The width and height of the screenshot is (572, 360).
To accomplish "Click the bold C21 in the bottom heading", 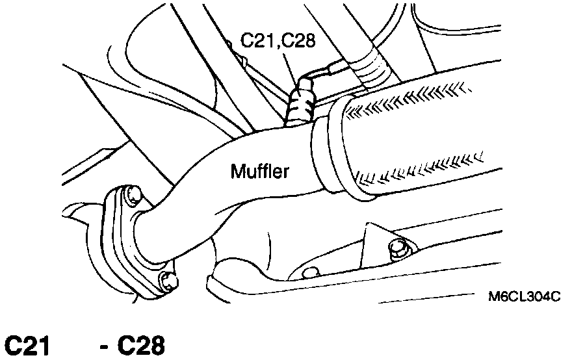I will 27,346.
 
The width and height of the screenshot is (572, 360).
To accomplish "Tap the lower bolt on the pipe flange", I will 170,281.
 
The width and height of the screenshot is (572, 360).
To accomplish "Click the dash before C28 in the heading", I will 104,346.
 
